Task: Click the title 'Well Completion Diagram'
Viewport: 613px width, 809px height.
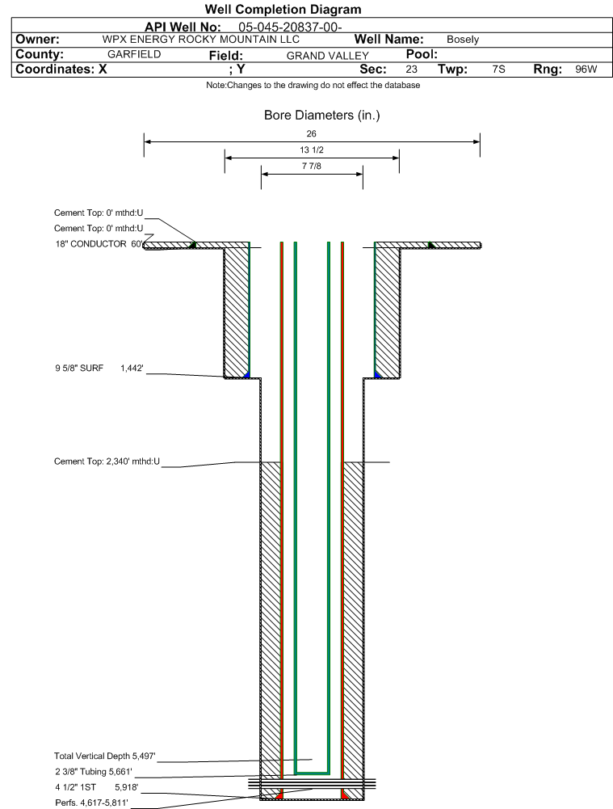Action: (283, 10)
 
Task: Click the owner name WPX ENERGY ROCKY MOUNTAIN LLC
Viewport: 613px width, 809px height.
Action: (201, 40)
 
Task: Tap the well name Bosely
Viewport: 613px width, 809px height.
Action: (463, 40)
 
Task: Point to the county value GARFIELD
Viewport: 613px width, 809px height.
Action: (134, 55)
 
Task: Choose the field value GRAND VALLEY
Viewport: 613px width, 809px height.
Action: (328, 56)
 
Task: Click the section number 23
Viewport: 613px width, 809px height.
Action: (411, 70)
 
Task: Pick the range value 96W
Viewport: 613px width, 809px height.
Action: (586, 70)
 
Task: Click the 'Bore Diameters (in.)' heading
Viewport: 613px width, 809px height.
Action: (321, 116)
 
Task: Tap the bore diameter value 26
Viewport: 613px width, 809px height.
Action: (312, 133)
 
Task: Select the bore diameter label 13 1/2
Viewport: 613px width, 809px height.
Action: (312, 150)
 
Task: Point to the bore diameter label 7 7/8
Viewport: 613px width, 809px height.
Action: (312, 166)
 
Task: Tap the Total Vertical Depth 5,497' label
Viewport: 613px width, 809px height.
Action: (104, 756)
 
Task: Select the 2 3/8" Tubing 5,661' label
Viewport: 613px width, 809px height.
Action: (93, 772)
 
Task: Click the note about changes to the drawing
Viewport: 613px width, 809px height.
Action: (313, 86)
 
